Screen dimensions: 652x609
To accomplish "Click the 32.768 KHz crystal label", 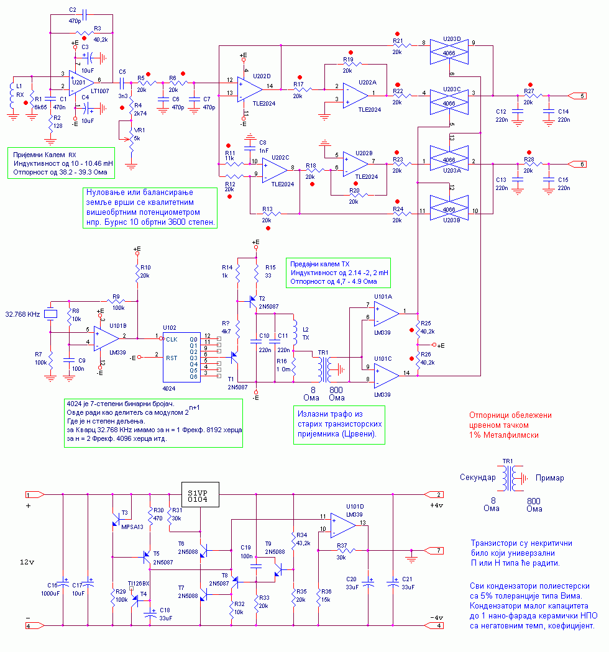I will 22,314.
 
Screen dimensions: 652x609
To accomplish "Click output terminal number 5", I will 578,96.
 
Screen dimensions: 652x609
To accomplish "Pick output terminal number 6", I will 578,164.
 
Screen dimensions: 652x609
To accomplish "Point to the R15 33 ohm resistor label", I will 270,271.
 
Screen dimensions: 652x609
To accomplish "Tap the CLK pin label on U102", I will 173,339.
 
